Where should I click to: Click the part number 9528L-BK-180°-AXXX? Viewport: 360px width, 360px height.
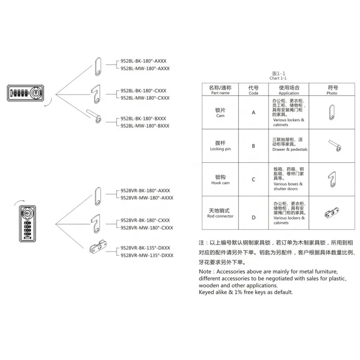(144, 61)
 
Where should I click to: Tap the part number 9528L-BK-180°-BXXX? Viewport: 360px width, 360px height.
(144, 118)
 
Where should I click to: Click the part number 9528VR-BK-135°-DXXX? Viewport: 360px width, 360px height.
(145, 248)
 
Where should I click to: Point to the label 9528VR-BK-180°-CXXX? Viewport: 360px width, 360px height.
(145, 220)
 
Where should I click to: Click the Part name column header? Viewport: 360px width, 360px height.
(220, 90)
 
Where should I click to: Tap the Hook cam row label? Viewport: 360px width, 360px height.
(220, 180)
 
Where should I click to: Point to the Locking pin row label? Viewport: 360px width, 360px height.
(220, 146)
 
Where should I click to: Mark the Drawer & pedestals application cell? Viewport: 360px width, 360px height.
(289, 149)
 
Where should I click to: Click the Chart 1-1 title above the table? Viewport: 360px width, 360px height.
(278, 78)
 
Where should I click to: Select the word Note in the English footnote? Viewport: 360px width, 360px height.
(207, 272)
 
